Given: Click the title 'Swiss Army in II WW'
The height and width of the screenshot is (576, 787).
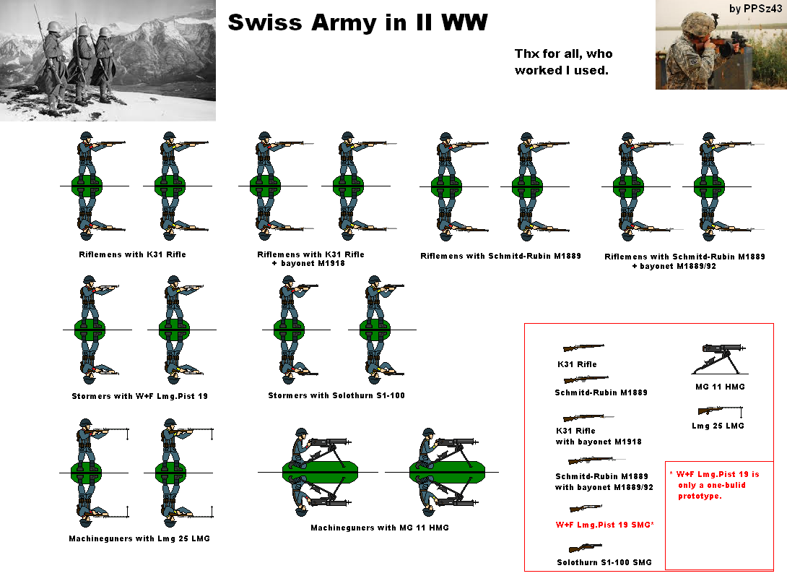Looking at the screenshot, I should (357, 23).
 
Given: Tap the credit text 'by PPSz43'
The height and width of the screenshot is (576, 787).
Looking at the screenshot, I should (755, 8).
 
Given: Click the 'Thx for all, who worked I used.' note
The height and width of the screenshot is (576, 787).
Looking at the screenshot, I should (563, 62).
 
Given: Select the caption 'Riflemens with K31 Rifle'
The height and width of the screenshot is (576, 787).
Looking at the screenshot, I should (133, 254).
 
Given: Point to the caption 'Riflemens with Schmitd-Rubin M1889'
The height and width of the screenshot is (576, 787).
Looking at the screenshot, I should (500, 256).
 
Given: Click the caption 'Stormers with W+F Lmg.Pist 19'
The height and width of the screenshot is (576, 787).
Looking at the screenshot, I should (140, 396).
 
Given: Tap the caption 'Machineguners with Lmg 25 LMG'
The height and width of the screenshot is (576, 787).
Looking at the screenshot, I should (139, 538).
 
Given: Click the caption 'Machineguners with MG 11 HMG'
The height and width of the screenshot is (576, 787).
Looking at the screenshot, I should (380, 528).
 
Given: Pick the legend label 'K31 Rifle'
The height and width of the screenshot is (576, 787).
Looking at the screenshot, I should (577, 364).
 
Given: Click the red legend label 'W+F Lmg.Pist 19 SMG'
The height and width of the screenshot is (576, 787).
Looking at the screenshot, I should (604, 524).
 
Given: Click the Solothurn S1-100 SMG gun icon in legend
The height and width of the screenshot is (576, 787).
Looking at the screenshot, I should (585, 548).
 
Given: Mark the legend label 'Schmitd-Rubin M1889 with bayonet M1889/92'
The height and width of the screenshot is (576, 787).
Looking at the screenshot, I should (604, 481).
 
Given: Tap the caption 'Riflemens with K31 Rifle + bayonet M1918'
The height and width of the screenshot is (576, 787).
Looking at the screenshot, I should (310, 259).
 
